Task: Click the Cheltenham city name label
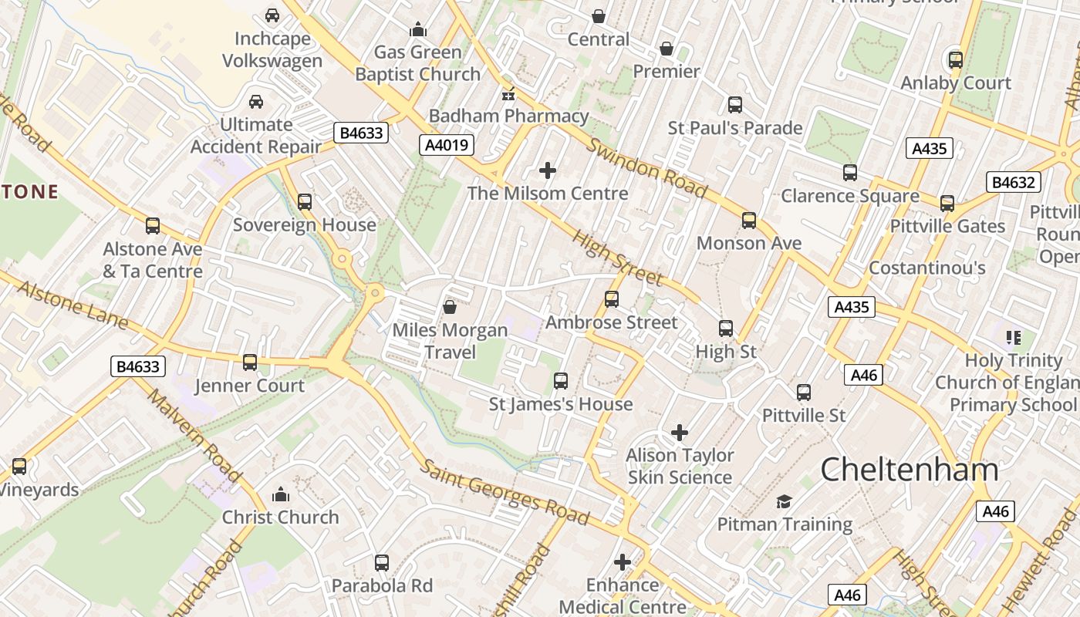click(909, 470)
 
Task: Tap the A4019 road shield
click(447, 145)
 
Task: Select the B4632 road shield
click(1013, 183)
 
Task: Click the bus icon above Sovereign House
click(305, 202)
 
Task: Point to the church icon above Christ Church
click(281, 494)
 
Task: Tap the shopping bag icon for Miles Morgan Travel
click(449, 308)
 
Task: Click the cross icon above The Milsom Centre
click(548, 170)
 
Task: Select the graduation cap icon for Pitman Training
click(784, 502)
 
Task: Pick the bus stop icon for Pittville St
click(804, 393)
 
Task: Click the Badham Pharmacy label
click(508, 116)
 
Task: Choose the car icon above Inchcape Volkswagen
click(272, 15)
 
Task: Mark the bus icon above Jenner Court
click(250, 362)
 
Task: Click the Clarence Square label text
click(849, 196)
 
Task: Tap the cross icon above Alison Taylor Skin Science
click(680, 433)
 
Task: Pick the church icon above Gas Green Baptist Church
click(418, 30)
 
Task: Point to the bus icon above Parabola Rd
click(382, 563)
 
